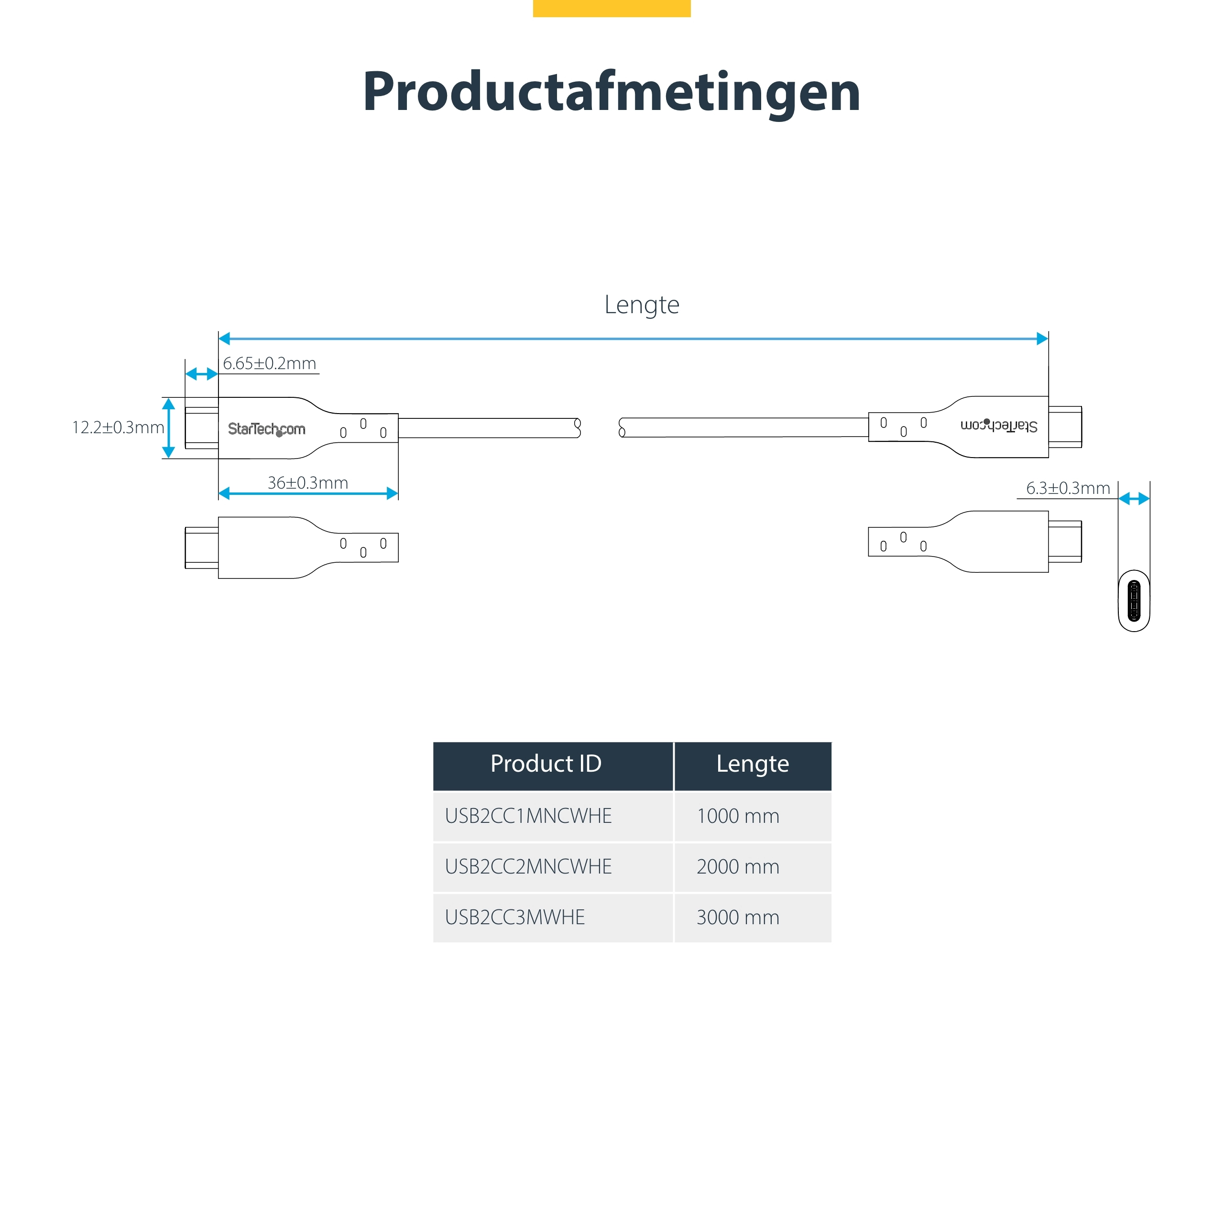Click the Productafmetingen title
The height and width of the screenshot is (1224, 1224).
tap(612, 92)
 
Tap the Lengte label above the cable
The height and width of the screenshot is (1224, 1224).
tap(641, 305)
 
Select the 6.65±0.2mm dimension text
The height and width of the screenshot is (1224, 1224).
tap(269, 364)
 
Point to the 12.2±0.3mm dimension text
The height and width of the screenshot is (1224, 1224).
tap(118, 427)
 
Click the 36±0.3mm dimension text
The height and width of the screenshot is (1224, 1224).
tap(307, 483)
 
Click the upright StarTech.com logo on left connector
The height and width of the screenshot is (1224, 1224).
tap(266, 429)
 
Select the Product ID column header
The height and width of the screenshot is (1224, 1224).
tap(546, 764)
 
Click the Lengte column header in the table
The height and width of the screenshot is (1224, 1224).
tap(752, 764)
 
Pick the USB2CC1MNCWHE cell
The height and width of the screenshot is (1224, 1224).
tap(528, 816)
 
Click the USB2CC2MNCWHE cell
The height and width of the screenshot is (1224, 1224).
tap(528, 867)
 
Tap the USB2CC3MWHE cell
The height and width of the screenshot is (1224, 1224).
tap(514, 918)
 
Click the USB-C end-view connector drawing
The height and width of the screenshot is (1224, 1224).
tap(1134, 601)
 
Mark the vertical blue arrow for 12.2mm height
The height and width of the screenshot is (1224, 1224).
tap(168, 428)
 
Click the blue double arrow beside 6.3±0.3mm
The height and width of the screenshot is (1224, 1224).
tap(1134, 499)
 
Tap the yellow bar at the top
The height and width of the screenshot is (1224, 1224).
tap(612, 8)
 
